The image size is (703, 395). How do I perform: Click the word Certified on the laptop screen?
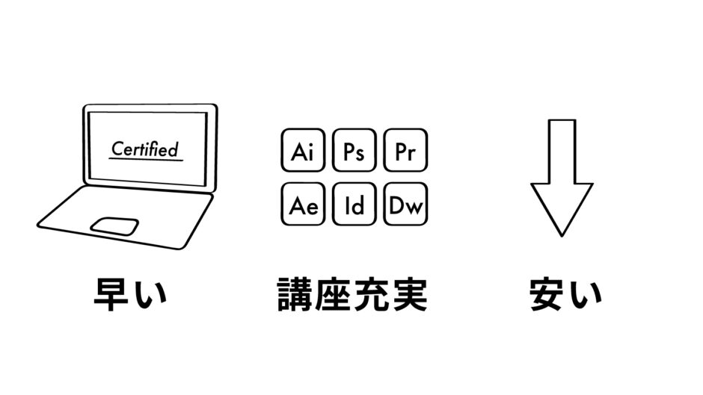point(145,148)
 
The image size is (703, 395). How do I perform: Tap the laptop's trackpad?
point(114,226)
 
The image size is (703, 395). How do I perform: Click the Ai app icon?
point(302,152)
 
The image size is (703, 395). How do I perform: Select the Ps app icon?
point(354,152)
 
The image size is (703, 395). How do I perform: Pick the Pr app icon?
point(405,152)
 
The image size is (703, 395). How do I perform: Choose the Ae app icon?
point(302,204)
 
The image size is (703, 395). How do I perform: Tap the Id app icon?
point(354,204)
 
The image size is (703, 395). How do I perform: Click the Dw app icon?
point(405,204)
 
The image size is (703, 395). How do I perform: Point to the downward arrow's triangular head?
point(562,205)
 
